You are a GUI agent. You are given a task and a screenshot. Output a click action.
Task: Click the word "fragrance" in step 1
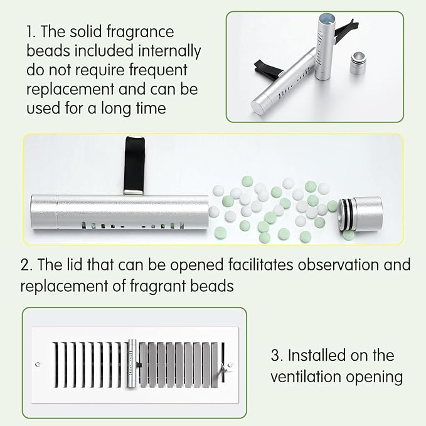[x=140, y=33]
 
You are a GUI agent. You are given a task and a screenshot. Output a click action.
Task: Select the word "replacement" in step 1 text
[x=70, y=90]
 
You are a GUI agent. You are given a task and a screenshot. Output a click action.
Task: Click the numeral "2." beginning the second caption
[x=26, y=265]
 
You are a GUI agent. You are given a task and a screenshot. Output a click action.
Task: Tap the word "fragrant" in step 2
[x=157, y=286]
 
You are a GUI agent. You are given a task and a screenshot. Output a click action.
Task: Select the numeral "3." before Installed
[x=277, y=355]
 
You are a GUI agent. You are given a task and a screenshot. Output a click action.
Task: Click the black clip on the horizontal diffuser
[x=134, y=166]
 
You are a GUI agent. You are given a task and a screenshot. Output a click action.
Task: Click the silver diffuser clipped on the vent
[x=132, y=363]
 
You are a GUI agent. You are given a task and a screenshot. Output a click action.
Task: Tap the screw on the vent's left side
[x=38, y=365]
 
